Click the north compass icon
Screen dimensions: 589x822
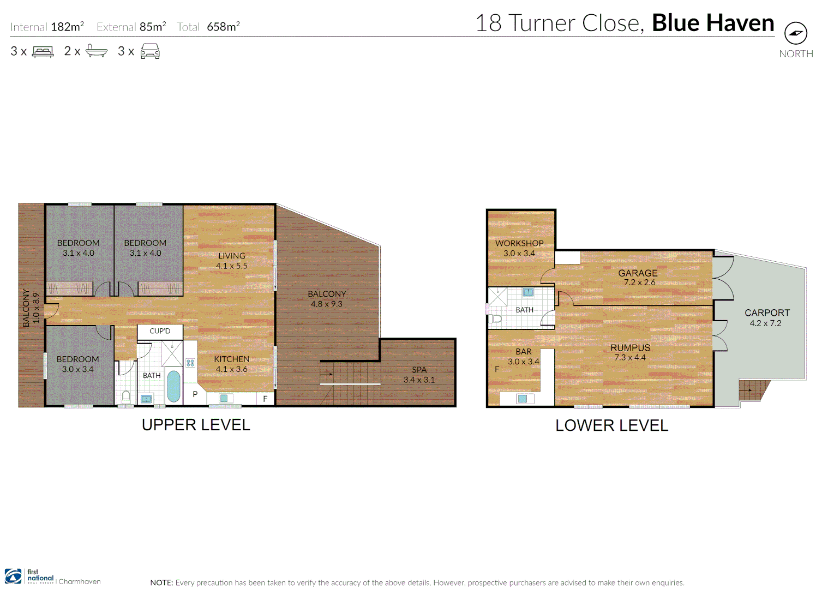click(795, 33)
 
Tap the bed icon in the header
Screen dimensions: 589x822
click(43, 52)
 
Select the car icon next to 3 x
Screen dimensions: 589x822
click(150, 52)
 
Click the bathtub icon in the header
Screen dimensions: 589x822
click(97, 52)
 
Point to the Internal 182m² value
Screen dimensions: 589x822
click(67, 27)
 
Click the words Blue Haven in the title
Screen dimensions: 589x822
click(713, 23)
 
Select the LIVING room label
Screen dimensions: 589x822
click(232, 256)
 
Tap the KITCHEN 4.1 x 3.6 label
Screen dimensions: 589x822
click(232, 364)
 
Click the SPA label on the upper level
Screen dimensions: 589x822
click(419, 370)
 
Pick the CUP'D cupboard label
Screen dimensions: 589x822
click(160, 331)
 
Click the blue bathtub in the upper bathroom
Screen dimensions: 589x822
click(173, 386)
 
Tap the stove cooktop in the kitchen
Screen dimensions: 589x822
click(190, 363)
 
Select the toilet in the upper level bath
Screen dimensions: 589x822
click(126, 396)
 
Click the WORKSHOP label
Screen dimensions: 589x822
click(519, 243)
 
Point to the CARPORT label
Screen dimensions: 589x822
click(767, 313)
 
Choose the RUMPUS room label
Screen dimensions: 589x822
click(630, 348)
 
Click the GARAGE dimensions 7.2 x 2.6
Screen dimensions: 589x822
click(639, 283)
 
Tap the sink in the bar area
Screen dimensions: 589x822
click(522, 399)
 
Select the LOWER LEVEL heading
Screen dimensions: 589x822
click(611, 426)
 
